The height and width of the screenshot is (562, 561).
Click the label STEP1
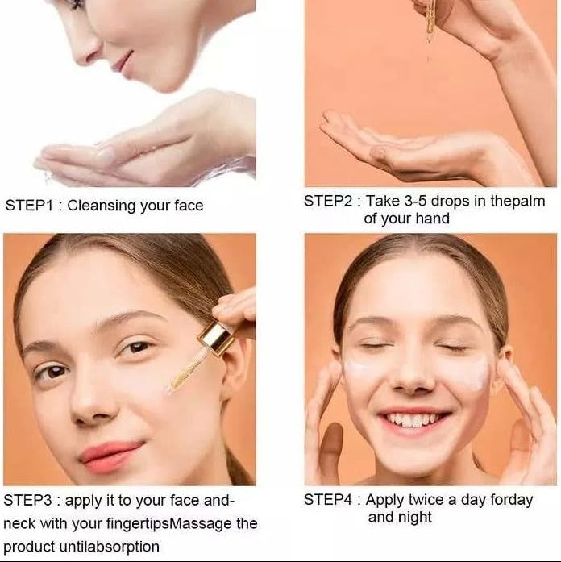click(x=29, y=206)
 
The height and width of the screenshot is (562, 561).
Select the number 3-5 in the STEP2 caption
click(x=416, y=201)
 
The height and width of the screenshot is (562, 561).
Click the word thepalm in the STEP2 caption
click(x=517, y=201)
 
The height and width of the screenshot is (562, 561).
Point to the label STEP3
click(x=27, y=500)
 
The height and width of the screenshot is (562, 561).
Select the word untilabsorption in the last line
click(x=109, y=547)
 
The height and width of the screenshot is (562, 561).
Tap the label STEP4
click(x=328, y=500)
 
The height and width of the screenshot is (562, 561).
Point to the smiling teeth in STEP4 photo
click(x=413, y=419)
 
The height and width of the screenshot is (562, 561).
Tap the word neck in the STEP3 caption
click(x=19, y=523)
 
